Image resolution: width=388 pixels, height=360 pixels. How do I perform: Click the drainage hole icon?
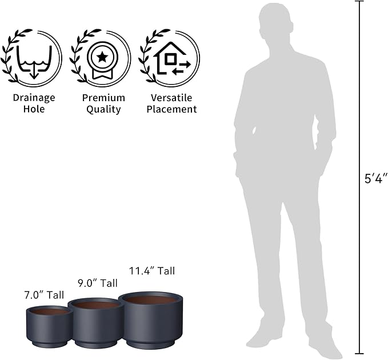[x=34, y=62]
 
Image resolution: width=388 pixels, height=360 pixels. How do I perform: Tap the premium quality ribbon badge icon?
[x=102, y=61]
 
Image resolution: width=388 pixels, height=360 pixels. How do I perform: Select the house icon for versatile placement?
[x=172, y=58]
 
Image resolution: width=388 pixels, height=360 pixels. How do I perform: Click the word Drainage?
[x=34, y=98]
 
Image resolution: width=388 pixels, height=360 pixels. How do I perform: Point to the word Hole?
[x=34, y=109]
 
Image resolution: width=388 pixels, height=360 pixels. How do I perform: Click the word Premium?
[x=103, y=98]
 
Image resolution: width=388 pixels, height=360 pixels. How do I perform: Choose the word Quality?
[x=103, y=110]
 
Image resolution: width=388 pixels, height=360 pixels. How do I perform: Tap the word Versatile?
[x=171, y=98]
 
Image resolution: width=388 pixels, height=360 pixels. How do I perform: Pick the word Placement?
[x=171, y=109]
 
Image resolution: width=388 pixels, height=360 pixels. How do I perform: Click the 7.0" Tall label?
[x=44, y=295]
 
